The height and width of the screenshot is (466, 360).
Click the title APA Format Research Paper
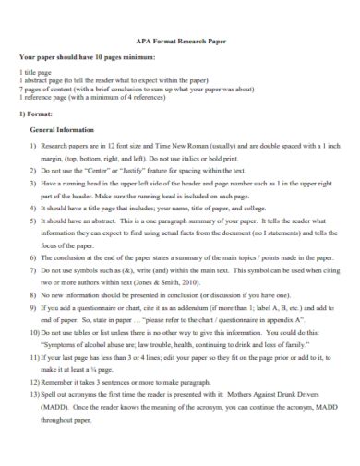click(179, 42)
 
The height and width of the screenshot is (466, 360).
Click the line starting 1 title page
click(38, 72)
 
